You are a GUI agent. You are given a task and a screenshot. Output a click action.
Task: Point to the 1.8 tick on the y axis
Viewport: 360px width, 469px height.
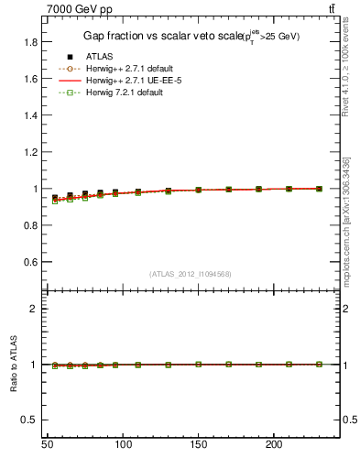tap(30, 42)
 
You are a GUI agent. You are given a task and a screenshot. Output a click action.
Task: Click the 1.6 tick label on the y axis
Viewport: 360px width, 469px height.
tap(30, 79)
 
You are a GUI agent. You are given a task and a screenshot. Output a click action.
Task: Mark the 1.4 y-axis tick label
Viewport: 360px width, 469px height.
tap(30, 115)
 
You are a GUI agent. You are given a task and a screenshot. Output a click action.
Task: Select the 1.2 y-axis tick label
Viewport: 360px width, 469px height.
tap(30, 152)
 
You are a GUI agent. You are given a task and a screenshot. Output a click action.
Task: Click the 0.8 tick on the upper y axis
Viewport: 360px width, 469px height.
tap(30, 225)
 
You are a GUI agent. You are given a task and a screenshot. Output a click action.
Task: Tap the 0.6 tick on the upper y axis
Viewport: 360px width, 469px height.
tap(30, 262)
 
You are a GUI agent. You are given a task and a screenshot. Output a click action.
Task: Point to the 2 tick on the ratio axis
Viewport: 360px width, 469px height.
tap(35, 309)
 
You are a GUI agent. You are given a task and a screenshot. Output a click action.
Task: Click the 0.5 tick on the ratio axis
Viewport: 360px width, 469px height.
tap(30, 420)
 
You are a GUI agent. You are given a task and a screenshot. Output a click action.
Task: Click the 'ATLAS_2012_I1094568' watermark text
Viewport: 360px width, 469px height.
tap(189, 273)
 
